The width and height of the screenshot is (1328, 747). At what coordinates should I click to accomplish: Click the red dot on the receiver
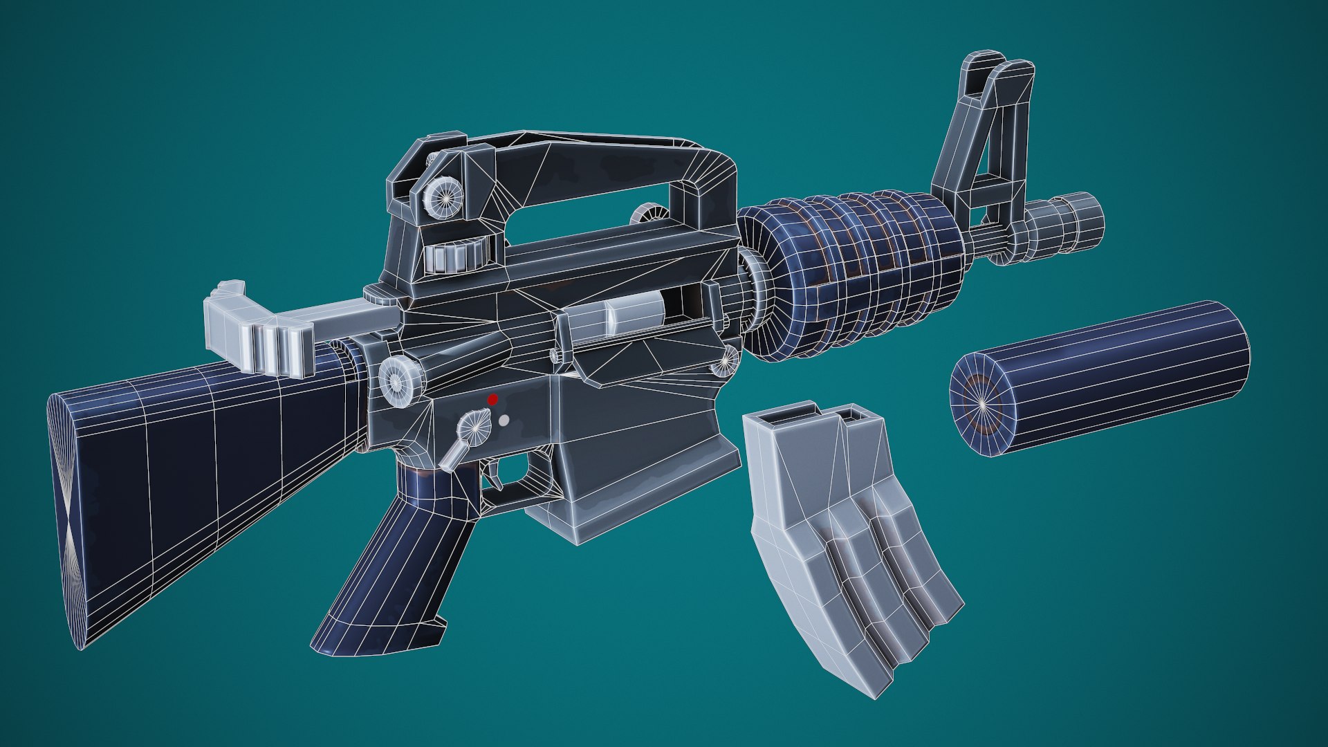492,400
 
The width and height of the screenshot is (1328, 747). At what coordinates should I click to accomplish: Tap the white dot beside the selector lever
504,420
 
